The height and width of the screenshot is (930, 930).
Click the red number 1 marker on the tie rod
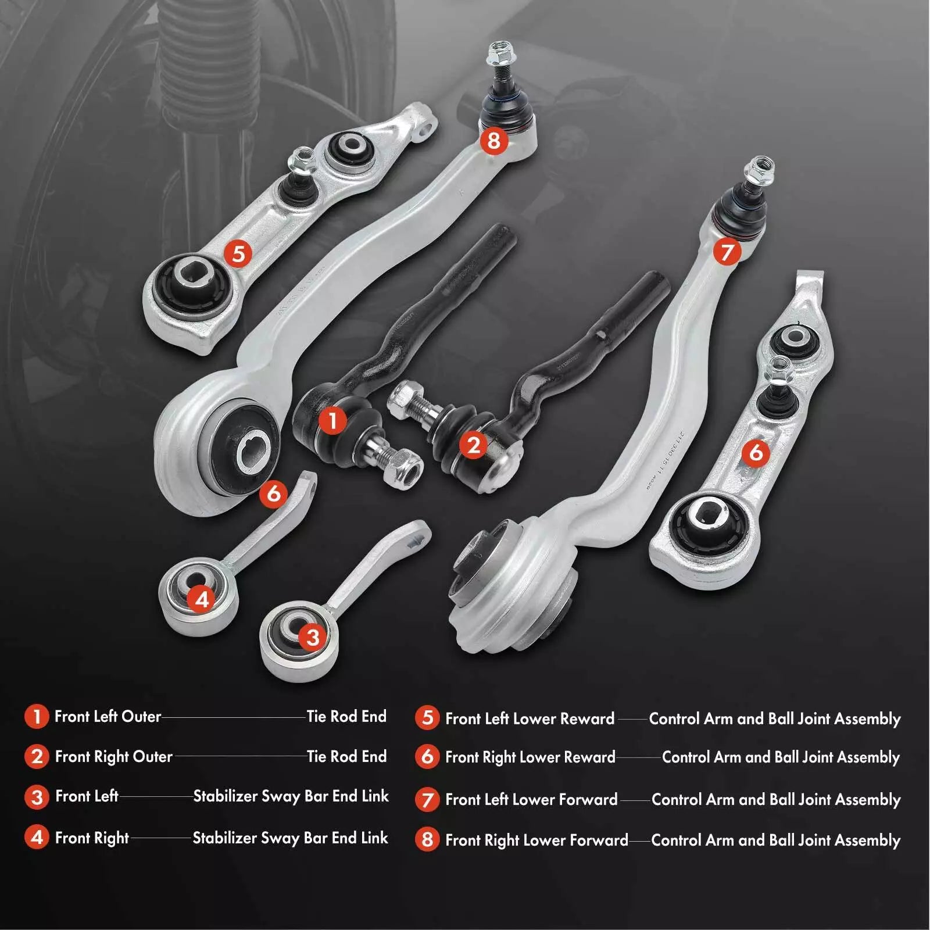(332, 420)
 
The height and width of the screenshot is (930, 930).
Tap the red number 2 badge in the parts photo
(474, 445)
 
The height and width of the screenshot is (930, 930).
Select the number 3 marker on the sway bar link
(313, 638)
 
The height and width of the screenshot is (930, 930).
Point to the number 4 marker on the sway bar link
(202, 599)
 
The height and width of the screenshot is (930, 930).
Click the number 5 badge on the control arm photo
(238, 254)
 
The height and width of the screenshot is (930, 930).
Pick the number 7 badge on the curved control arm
(727, 252)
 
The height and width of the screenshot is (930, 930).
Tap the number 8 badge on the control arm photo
(493, 140)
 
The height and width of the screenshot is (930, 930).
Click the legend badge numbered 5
(427, 718)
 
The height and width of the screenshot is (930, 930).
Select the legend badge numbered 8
(427, 839)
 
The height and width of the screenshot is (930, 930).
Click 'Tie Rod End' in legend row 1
(346, 716)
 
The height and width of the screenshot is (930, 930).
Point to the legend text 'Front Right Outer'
(114, 757)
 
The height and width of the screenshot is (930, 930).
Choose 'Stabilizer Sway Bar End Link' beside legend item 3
(291, 796)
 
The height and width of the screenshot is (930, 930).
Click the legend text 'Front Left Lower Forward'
(531, 800)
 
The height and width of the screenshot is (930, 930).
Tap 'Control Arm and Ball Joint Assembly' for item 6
(781, 757)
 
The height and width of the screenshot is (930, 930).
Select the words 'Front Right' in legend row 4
(92, 838)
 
